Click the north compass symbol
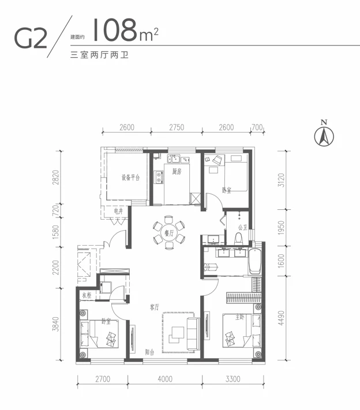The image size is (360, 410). tap(324, 135)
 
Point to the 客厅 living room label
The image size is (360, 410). tap(155, 307)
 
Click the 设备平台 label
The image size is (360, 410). tap(131, 177)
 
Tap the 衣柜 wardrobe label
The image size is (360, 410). tap(87, 296)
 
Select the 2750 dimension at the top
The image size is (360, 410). tap(177, 127)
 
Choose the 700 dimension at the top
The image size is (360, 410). tap(257, 127)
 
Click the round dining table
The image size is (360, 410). tap(168, 232)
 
